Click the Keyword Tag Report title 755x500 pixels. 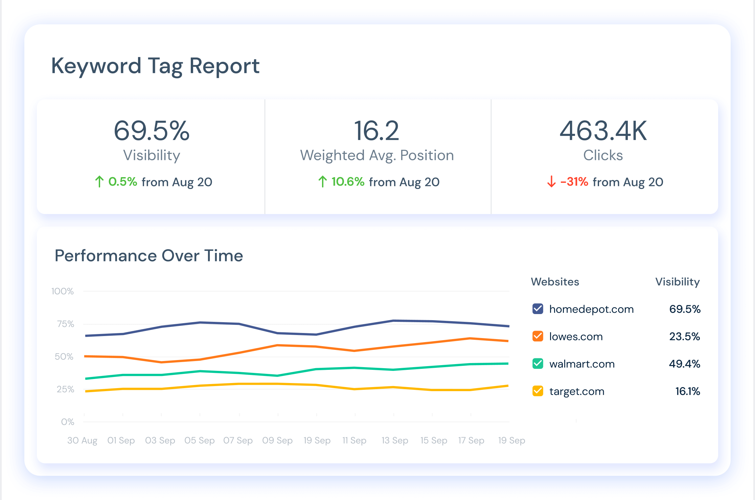click(155, 66)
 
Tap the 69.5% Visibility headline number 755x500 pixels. click(152, 131)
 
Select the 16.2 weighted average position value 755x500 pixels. click(376, 131)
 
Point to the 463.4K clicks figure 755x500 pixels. click(603, 131)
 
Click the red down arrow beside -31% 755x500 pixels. click(551, 182)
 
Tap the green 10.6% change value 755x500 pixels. click(348, 182)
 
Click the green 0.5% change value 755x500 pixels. click(122, 182)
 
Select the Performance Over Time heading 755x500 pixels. click(149, 256)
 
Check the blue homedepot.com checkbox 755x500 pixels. click(538, 309)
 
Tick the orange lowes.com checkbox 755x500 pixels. click(538, 336)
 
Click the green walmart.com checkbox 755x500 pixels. click(538, 363)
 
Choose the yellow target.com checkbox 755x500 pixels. click(538, 391)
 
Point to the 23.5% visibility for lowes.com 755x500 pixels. click(685, 336)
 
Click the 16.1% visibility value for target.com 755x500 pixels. click(688, 391)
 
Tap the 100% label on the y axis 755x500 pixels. click(63, 291)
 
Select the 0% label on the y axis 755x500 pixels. click(68, 422)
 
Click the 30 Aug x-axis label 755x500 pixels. click(82, 440)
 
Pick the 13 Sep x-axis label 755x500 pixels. click(395, 440)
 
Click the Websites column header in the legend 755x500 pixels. click(555, 282)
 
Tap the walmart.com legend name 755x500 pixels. click(582, 364)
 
